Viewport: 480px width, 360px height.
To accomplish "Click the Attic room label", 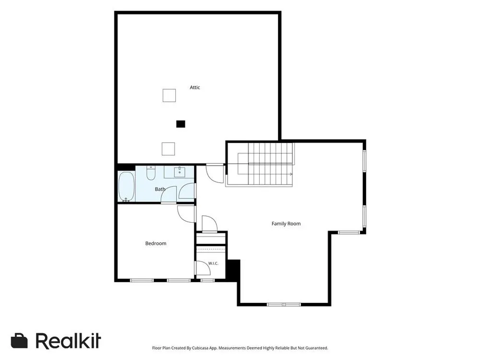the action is click(195, 87).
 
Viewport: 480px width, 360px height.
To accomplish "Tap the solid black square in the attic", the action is click(180, 124).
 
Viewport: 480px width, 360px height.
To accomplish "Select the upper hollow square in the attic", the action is click(169, 95).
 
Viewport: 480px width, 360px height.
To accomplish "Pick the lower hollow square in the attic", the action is click(168, 149).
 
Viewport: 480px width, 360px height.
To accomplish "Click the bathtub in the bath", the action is click(126, 187).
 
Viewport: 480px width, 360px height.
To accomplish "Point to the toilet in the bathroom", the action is click(151, 173).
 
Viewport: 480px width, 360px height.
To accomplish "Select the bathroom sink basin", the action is click(180, 172).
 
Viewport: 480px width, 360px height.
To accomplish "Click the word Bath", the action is click(160, 189).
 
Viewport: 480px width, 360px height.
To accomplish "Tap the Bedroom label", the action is click(156, 243).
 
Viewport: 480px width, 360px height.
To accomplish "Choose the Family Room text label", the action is click(286, 224).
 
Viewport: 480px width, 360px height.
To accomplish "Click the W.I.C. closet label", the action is click(213, 263).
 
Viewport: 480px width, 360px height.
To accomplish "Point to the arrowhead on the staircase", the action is click(291, 174).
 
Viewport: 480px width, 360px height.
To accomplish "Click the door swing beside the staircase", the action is click(215, 174).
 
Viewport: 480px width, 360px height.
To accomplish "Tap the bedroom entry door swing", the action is click(186, 214).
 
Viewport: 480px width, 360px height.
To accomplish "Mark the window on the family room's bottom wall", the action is click(284, 304).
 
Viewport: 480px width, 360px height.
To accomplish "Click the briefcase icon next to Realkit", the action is click(19, 341).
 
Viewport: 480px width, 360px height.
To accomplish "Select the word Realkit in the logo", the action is click(68, 340).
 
